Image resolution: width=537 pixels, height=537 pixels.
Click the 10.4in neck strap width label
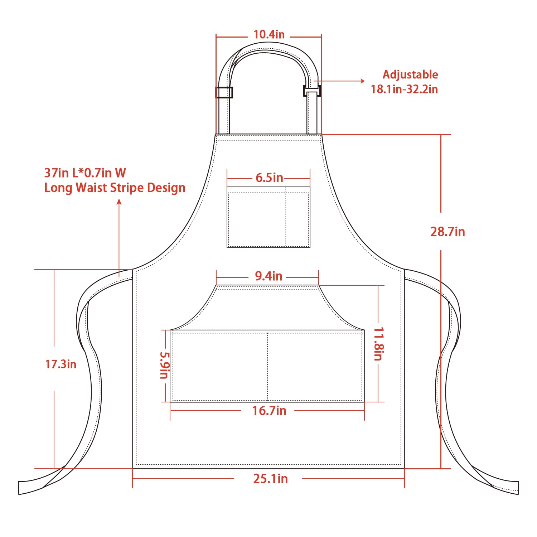pos(269,34)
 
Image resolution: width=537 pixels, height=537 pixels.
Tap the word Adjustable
pos(410,74)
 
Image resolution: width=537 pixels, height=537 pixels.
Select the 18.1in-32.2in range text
pos(404,89)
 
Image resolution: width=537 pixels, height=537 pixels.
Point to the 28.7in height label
pos(447,232)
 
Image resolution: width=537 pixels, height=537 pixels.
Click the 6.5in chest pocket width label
pos(269,178)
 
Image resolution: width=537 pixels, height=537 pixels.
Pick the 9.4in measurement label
pos(268,276)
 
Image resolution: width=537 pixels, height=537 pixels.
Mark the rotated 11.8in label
pos(379,344)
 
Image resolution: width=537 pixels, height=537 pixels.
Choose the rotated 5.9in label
pos(164,365)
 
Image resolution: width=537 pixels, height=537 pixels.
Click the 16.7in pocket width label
pos(269,411)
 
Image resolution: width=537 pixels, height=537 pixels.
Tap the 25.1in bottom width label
pos(270,479)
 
